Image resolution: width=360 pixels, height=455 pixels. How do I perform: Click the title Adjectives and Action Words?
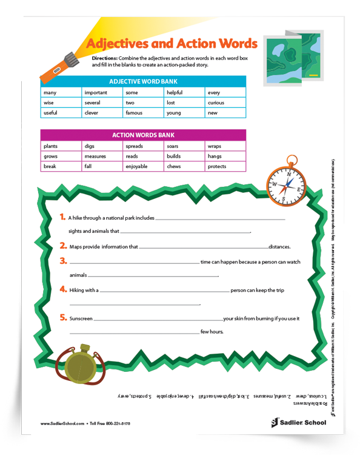tap(172, 44)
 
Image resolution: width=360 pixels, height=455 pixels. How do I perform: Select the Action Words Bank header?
tap(143, 135)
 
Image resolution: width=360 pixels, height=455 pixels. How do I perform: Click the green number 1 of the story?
tap(63, 217)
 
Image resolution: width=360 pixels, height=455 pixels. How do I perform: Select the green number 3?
tap(63, 261)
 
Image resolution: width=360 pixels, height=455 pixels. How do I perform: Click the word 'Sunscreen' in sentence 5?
tap(81, 318)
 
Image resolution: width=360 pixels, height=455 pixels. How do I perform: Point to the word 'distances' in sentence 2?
tap(279, 247)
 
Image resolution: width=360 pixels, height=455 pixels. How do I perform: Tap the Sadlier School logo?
tap(298, 422)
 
